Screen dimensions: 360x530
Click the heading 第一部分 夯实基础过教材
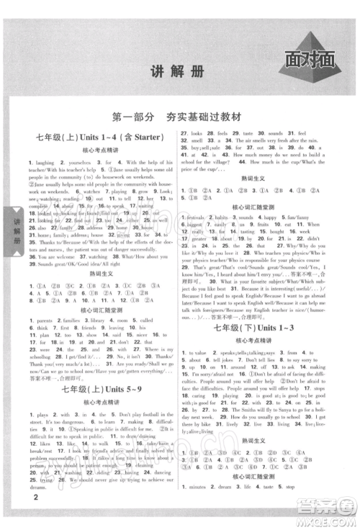pyautogui.click(x=179, y=117)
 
